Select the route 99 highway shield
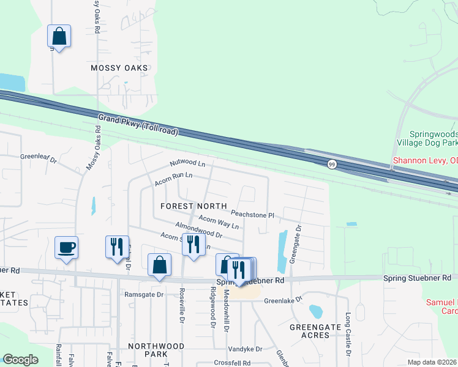point(331,164)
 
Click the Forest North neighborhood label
point(193,206)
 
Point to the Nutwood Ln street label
point(187,163)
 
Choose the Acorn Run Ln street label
point(174,178)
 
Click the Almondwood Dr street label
point(198,230)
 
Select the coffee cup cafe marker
point(66,248)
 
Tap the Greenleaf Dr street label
point(38,158)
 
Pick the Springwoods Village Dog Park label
point(433,138)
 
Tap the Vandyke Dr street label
point(245,349)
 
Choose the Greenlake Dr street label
point(283,300)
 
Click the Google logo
point(21,360)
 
